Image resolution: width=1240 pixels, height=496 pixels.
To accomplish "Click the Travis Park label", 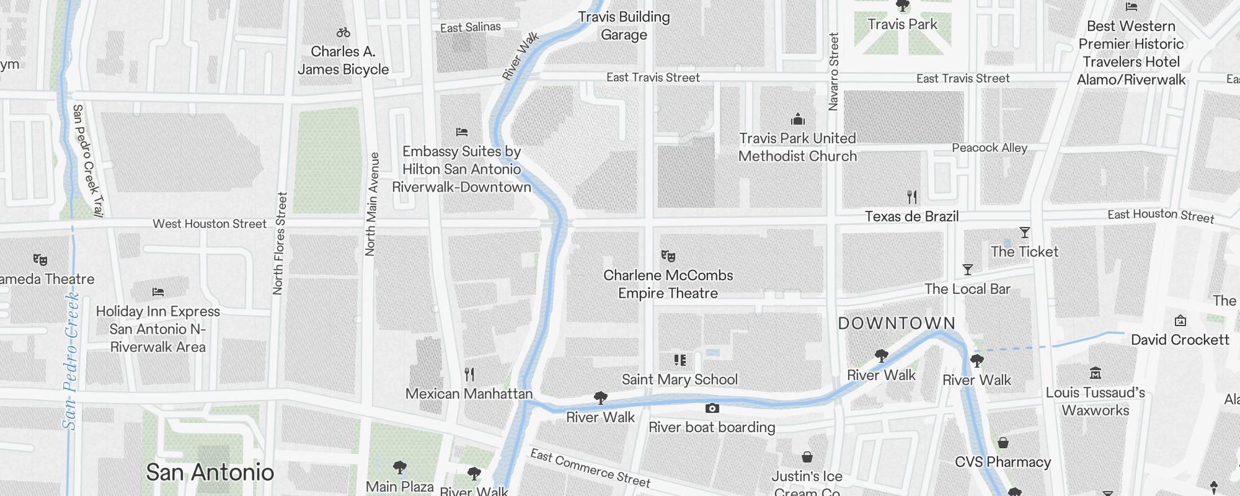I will pos(902,24).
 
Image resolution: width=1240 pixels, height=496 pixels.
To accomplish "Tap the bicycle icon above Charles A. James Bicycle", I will pos(343,32).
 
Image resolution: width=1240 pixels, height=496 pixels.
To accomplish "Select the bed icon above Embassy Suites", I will pos(461,131).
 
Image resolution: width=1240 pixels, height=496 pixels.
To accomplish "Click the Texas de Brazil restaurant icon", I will pos(911,197).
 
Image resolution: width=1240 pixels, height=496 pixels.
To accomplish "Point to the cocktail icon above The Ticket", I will pos(1024,232).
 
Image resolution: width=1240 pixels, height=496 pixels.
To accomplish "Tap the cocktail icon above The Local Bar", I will pos(967,270).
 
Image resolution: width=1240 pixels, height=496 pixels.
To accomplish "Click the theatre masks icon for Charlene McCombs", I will pos(668,255).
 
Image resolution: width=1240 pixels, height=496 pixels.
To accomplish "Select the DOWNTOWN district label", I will pos(897,323).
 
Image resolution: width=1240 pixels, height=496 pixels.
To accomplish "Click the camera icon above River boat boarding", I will pos(712,408).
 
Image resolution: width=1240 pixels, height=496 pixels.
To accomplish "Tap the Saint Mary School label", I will pos(680,379).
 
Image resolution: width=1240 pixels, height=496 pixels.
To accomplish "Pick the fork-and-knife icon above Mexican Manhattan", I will pos(469,374).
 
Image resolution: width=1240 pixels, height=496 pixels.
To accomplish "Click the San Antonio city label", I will pos(210,472).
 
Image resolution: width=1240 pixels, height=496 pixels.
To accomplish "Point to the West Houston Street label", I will pos(210,224).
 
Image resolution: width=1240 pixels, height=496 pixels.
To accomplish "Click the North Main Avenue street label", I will pos(371,205).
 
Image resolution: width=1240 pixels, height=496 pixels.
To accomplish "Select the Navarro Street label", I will pos(833,72).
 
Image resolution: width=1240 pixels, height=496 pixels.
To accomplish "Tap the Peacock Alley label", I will pos(990,148).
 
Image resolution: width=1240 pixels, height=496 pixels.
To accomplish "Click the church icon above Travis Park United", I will pos(797,118).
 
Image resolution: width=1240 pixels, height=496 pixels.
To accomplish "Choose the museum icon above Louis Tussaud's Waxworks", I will pos(1095,373).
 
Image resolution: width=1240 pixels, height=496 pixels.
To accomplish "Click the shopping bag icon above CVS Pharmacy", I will pos(1003,443).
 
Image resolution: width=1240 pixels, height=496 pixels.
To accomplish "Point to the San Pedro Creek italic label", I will pos(71,361).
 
